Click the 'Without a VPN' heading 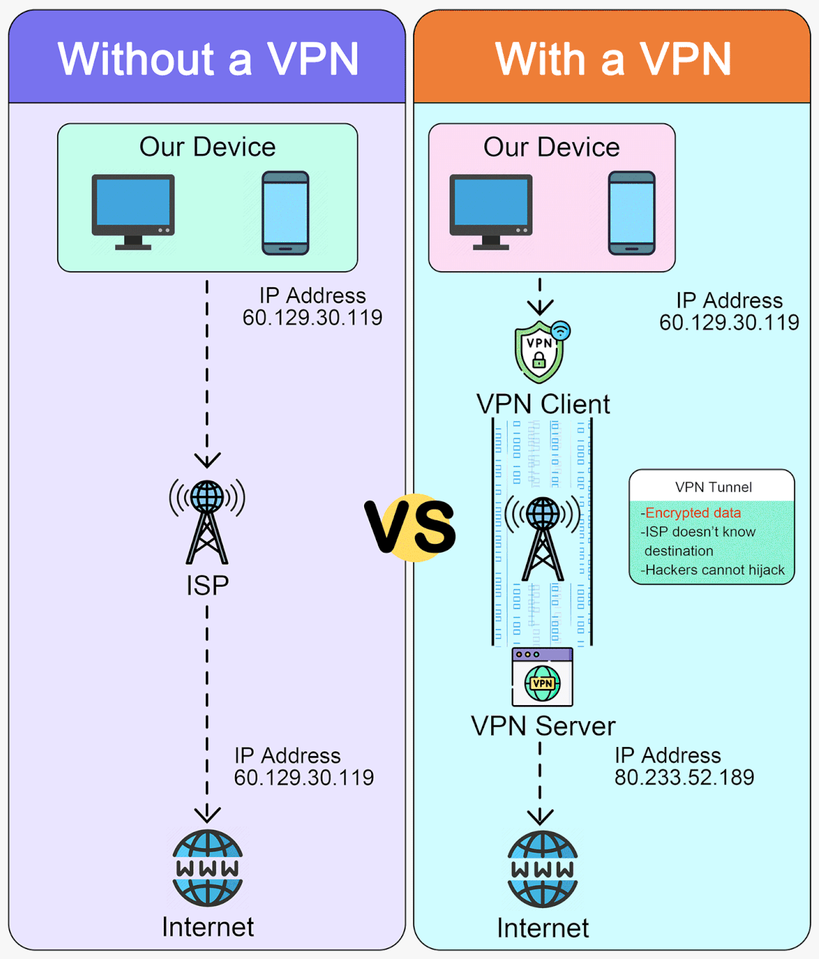tap(208, 59)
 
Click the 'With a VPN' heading tap(613, 59)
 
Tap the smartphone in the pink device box tap(631, 213)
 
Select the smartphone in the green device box tap(285, 213)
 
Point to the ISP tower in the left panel tap(207, 520)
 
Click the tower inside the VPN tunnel tap(542, 537)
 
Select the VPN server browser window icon tap(542, 677)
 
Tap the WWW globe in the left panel tap(207, 868)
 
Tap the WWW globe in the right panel tap(542, 868)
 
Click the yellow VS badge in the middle tap(412, 527)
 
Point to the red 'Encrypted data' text tap(693, 513)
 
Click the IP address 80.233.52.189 tap(684, 777)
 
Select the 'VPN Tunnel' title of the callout tap(713, 487)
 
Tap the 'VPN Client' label tap(543, 404)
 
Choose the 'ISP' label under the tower tap(207, 585)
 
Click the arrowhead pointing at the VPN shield tap(540, 306)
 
